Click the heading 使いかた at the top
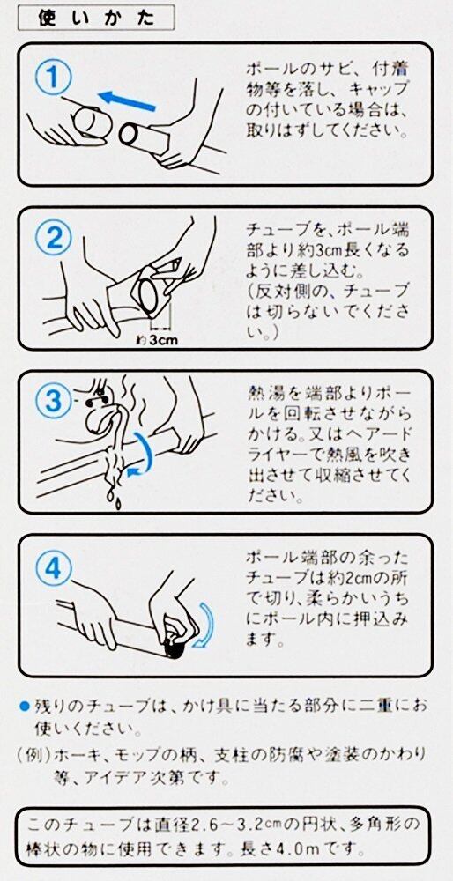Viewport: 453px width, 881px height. [x=95, y=19]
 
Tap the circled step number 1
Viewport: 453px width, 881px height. [x=54, y=78]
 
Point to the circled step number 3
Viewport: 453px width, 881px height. [x=54, y=403]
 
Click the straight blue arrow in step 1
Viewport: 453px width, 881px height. [x=126, y=101]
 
